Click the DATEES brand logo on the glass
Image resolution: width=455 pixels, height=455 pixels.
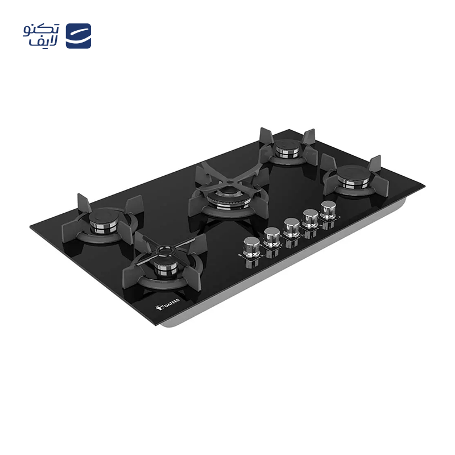168,304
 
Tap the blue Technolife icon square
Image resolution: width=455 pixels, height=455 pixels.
78,36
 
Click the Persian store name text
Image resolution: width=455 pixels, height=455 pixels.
41,36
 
